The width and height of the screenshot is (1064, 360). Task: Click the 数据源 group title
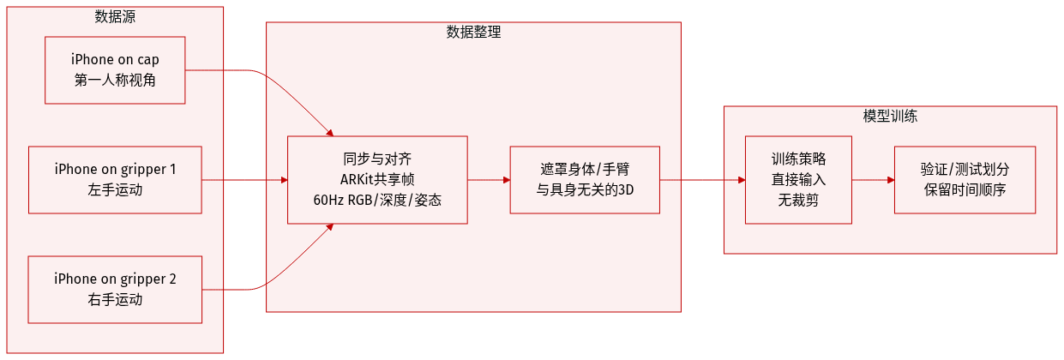115,16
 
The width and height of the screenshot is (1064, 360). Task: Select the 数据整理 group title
473,33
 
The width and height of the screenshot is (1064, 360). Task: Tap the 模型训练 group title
890,116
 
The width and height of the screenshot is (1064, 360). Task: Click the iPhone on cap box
115,70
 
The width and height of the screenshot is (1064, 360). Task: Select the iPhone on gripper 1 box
115,179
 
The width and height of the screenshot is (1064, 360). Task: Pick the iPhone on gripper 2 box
115,289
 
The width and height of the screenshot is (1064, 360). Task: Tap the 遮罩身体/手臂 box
585,179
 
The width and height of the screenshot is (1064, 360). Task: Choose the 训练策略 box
798,179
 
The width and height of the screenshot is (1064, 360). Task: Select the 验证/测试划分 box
965,179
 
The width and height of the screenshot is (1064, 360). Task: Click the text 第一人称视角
115,81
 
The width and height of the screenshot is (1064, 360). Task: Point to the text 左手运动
115,189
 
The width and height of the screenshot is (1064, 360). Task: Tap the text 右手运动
115,299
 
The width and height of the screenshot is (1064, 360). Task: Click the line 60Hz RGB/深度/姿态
377,200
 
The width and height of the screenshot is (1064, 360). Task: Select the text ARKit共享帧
377,179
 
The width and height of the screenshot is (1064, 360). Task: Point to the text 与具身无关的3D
585,189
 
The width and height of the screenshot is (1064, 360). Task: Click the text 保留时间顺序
965,189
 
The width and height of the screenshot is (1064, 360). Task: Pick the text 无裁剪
798,200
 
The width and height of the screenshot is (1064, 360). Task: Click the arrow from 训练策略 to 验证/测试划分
873,180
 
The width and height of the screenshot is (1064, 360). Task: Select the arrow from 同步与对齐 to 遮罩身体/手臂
489,180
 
